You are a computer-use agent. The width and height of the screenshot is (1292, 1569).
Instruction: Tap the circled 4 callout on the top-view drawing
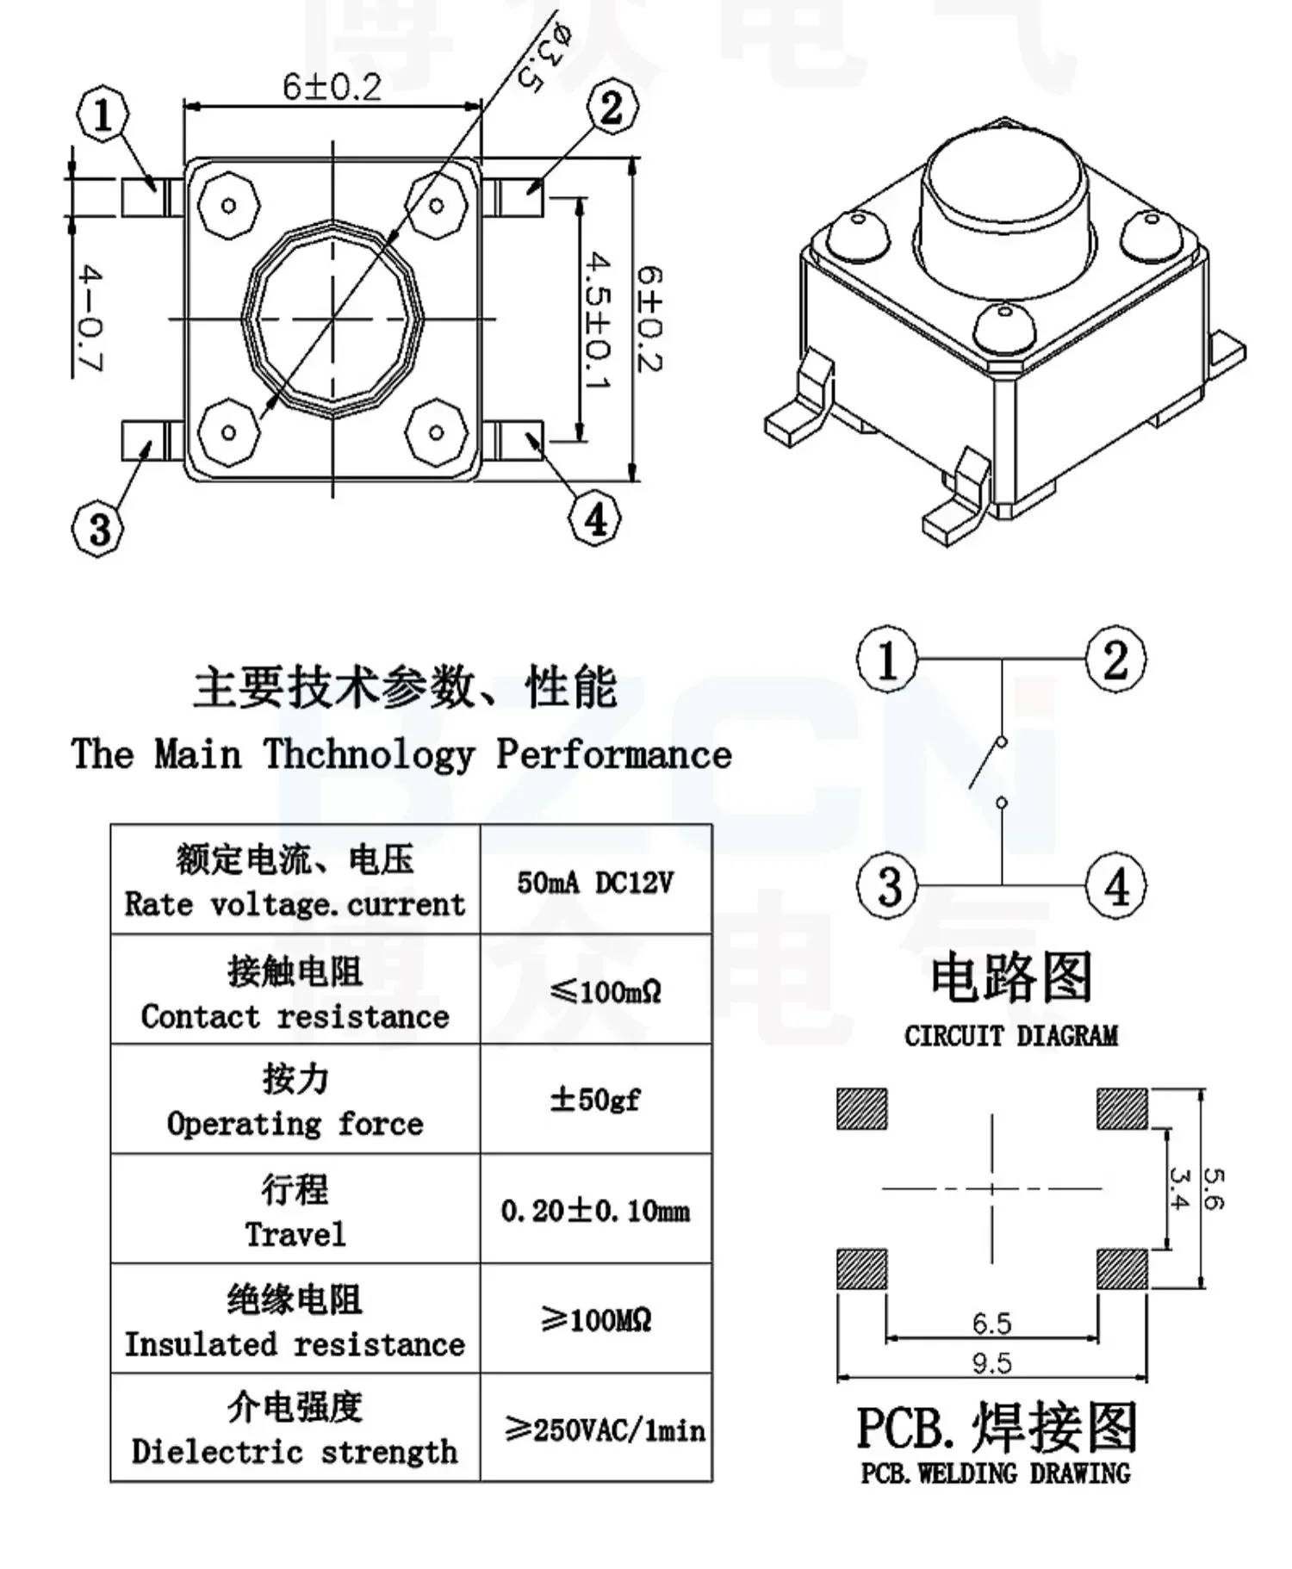point(595,519)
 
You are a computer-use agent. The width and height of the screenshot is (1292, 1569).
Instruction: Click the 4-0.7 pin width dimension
point(90,319)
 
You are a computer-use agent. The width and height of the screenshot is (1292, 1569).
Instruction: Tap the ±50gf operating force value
point(595,1100)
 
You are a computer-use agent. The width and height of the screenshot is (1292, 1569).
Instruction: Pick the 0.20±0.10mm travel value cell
point(595,1211)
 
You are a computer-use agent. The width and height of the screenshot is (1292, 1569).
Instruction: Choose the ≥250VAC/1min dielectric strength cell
point(604,1430)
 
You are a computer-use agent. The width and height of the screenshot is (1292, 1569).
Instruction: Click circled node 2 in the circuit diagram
point(1115,660)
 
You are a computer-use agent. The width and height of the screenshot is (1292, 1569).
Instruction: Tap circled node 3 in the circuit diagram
point(888,886)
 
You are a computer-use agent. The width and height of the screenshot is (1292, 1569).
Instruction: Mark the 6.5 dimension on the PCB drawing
point(991,1322)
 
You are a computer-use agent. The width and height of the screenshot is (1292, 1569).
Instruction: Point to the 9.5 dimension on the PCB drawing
point(991,1363)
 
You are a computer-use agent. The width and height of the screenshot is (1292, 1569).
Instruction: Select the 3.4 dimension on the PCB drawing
point(1179,1188)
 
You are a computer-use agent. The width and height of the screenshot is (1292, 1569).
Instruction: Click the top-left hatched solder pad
point(861,1108)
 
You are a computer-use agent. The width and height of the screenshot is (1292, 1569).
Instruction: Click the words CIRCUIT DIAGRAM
point(1010,1036)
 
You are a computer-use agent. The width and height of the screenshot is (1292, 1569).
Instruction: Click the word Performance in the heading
point(614,755)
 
